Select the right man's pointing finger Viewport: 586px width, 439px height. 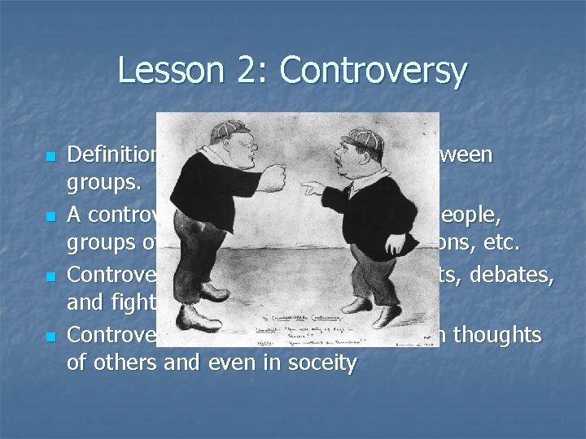point(308,187)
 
